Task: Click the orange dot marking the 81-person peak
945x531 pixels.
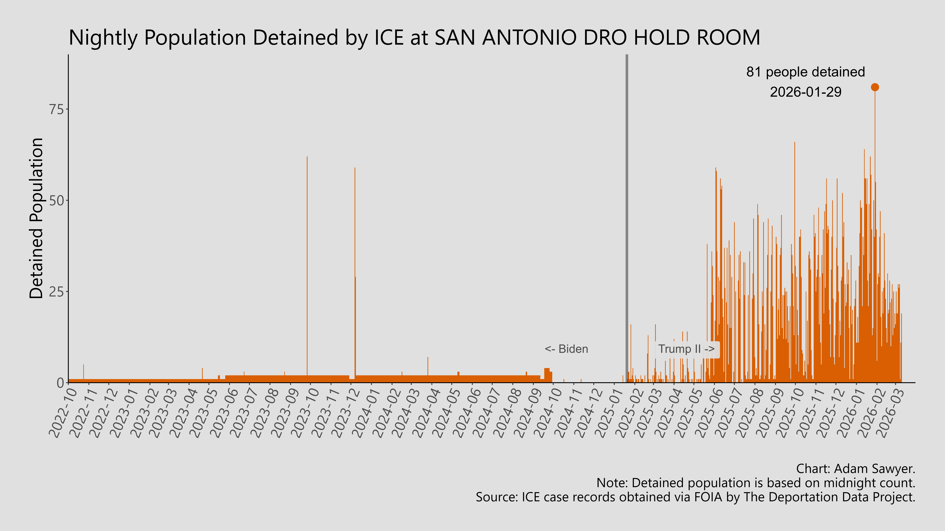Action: (x=875, y=87)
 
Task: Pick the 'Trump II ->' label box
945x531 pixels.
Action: (x=686, y=349)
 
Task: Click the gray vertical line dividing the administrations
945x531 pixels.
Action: (x=627, y=220)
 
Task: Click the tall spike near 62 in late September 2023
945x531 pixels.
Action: (x=307, y=257)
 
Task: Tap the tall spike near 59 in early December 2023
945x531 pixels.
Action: (x=355, y=257)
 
